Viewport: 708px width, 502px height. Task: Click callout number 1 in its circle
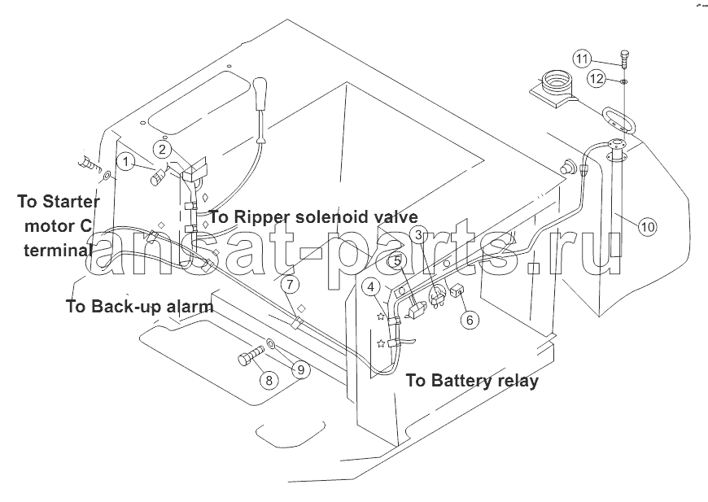click(x=125, y=161)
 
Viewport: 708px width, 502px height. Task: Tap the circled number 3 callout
click(x=417, y=235)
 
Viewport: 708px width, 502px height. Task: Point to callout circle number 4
click(x=371, y=286)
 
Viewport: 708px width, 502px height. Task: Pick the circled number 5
click(x=395, y=261)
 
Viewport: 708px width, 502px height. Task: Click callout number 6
click(x=469, y=320)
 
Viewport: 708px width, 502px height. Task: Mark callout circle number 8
click(x=267, y=379)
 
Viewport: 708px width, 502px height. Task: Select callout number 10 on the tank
click(x=647, y=227)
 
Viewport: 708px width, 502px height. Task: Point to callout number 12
click(x=597, y=79)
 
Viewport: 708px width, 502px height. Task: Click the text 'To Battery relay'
click(x=472, y=381)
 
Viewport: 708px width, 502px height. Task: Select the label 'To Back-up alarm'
click(x=138, y=307)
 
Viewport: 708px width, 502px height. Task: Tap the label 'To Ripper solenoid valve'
click(x=313, y=216)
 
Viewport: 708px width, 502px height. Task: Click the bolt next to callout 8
click(x=249, y=357)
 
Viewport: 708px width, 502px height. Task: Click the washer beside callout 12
click(x=622, y=81)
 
